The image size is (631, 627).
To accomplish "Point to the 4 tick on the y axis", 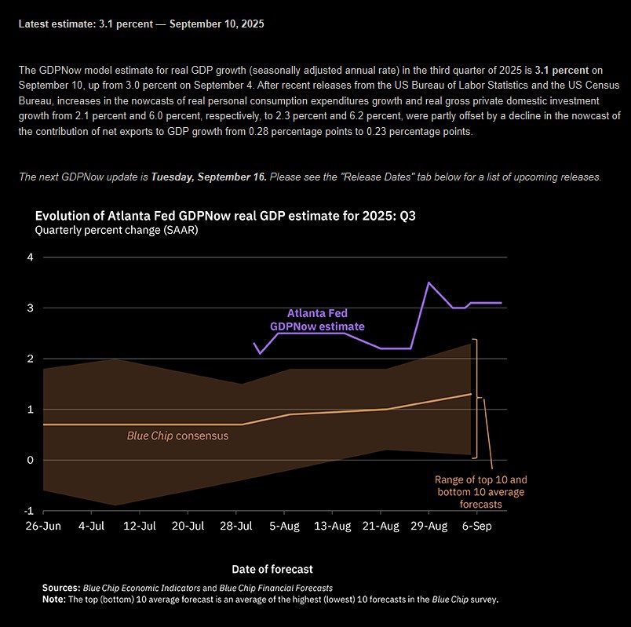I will coord(31,257).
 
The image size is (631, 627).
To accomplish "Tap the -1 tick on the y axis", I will coord(29,511).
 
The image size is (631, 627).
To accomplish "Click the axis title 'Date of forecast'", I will coord(272,568).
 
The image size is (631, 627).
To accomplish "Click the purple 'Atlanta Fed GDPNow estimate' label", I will coord(317,319).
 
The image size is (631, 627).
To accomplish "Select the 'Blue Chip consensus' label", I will coord(177,435).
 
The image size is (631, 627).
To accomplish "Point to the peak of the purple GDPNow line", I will coord(428,283).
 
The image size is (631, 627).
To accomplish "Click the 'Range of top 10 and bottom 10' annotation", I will coord(481,491).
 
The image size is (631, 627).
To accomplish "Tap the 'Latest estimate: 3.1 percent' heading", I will coord(141,24).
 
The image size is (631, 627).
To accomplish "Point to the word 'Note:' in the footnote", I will coord(56,600).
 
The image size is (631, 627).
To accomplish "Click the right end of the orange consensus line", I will coord(471,394).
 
